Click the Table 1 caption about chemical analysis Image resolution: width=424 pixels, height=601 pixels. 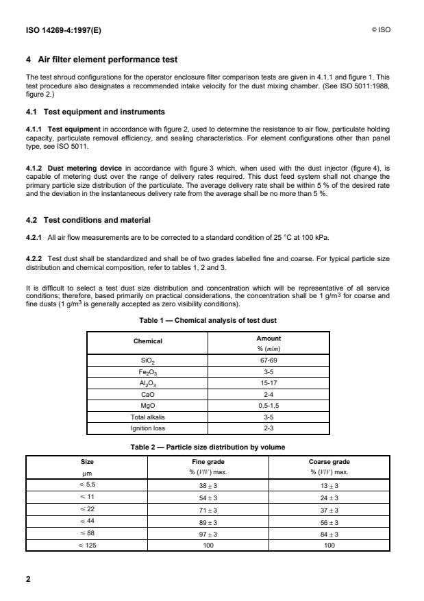(212, 321)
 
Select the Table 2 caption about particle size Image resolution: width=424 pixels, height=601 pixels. (212, 447)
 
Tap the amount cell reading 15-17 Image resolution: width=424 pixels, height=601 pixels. (269, 383)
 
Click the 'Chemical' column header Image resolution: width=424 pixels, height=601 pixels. (147, 341)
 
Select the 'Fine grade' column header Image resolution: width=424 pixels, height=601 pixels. (192, 463)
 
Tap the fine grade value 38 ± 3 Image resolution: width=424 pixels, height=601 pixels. (192, 486)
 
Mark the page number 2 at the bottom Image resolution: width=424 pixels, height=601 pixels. (27, 578)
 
